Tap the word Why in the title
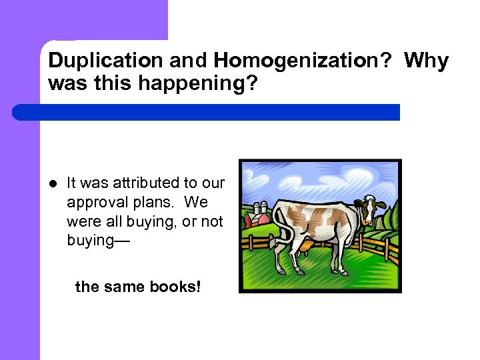pos(427,61)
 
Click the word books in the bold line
pos(178,287)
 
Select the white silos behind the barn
pos(261,207)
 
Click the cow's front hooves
pos(337,270)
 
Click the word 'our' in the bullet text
pos(213,183)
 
